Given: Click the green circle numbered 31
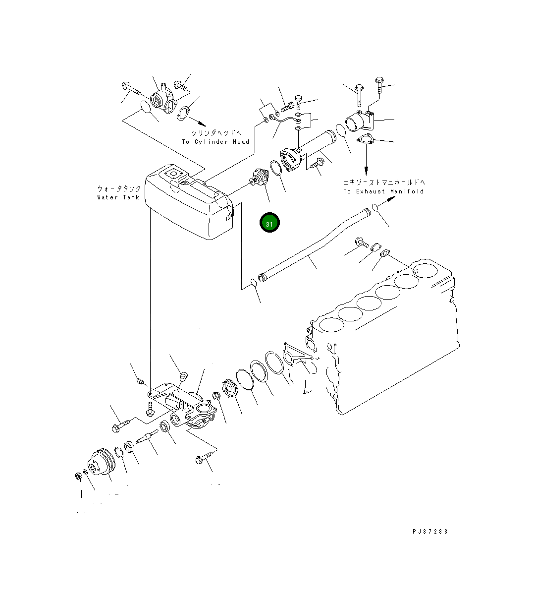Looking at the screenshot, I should point(269,224).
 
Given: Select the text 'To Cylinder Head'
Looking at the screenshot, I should point(215,142).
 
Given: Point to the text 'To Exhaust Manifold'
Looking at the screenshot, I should point(383,191).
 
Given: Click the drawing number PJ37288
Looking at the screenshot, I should point(429,531).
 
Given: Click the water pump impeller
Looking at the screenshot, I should point(229,388).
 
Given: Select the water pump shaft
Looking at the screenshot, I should point(148,437).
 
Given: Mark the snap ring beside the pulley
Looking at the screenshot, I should point(119,452).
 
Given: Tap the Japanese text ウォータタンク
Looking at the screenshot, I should point(119,189).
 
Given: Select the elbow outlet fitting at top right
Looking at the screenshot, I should point(361,121).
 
